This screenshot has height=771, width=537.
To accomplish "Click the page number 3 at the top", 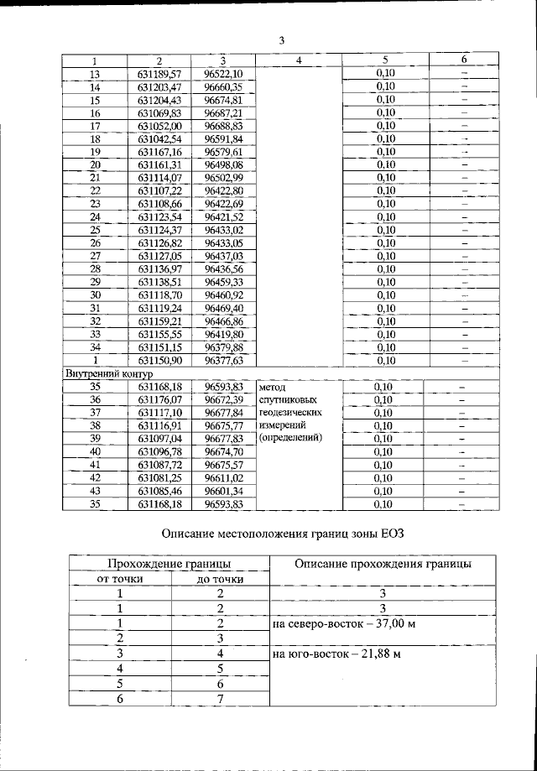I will pyautogui.click(x=282, y=40).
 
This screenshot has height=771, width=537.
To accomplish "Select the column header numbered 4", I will pyautogui.click(x=299, y=60).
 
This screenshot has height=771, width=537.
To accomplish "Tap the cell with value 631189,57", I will pyautogui.click(x=159, y=74).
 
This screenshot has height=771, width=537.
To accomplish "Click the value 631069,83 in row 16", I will pyautogui.click(x=159, y=112).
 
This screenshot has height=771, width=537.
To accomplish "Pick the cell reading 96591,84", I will pyautogui.click(x=223, y=138).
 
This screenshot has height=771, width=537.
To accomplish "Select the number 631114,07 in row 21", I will pyautogui.click(x=159, y=177).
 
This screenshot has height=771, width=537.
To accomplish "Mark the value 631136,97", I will pyautogui.click(x=159, y=268).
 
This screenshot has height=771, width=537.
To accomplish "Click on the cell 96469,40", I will pyautogui.click(x=223, y=307).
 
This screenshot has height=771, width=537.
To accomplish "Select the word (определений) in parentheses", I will pyautogui.click(x=291, y=437).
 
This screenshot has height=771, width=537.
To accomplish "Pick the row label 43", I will pyautogui.click(x=95, y=490).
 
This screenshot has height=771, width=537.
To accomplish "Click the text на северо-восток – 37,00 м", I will pyautogui.click(x=345, y=624).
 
